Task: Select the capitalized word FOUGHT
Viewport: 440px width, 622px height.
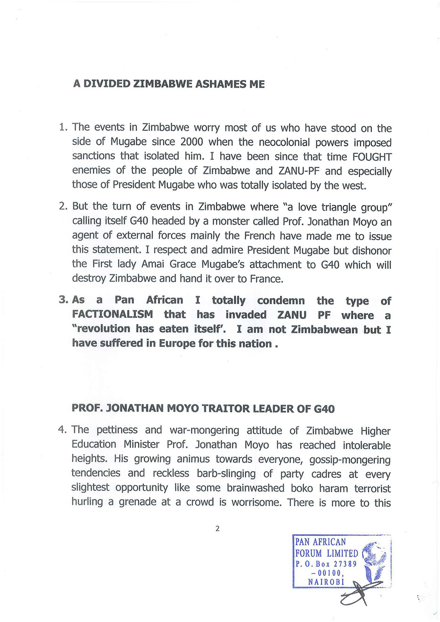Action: click(372, 157)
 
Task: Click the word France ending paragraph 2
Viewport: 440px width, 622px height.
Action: click(266, 279)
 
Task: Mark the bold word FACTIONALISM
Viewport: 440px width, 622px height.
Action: click(112, 315)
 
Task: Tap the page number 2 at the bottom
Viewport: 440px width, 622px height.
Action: click(217, 529)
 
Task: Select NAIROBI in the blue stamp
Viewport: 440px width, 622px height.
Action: click(326, 582)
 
